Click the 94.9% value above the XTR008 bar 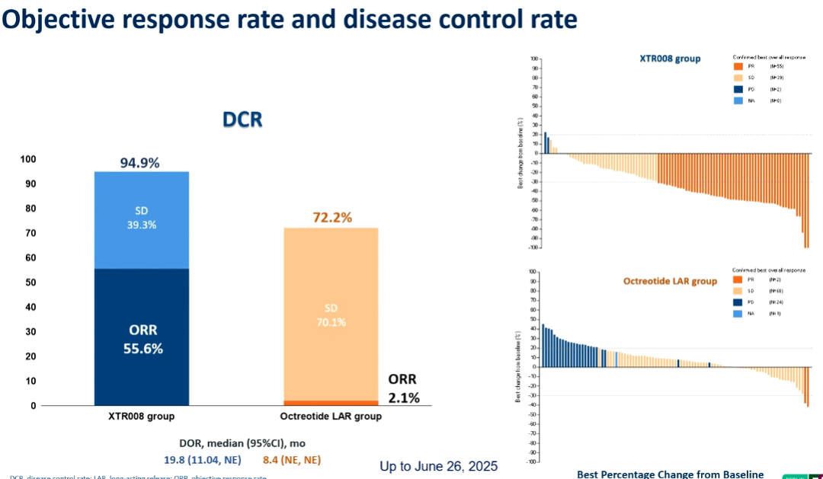point(141,163)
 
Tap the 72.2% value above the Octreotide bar point(332,218)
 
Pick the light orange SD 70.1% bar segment point(331,316)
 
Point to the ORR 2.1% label point(403,388)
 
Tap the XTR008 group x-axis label point(141,417)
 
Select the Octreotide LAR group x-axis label point(331,417)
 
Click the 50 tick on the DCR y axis point(28,283)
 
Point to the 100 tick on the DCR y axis point(28,159)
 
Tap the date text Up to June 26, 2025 point(438,465)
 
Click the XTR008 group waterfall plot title point(669,59)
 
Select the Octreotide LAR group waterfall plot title point(670,281)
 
